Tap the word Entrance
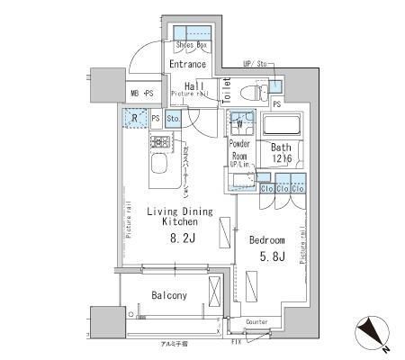tap(188, 65)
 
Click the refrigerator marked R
tap(133, 118)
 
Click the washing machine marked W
tap(240, 124)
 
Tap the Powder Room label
tap(240, 148)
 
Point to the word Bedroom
tap(268, 241)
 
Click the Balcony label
tap(169, 295)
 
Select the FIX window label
tap(236, 343)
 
